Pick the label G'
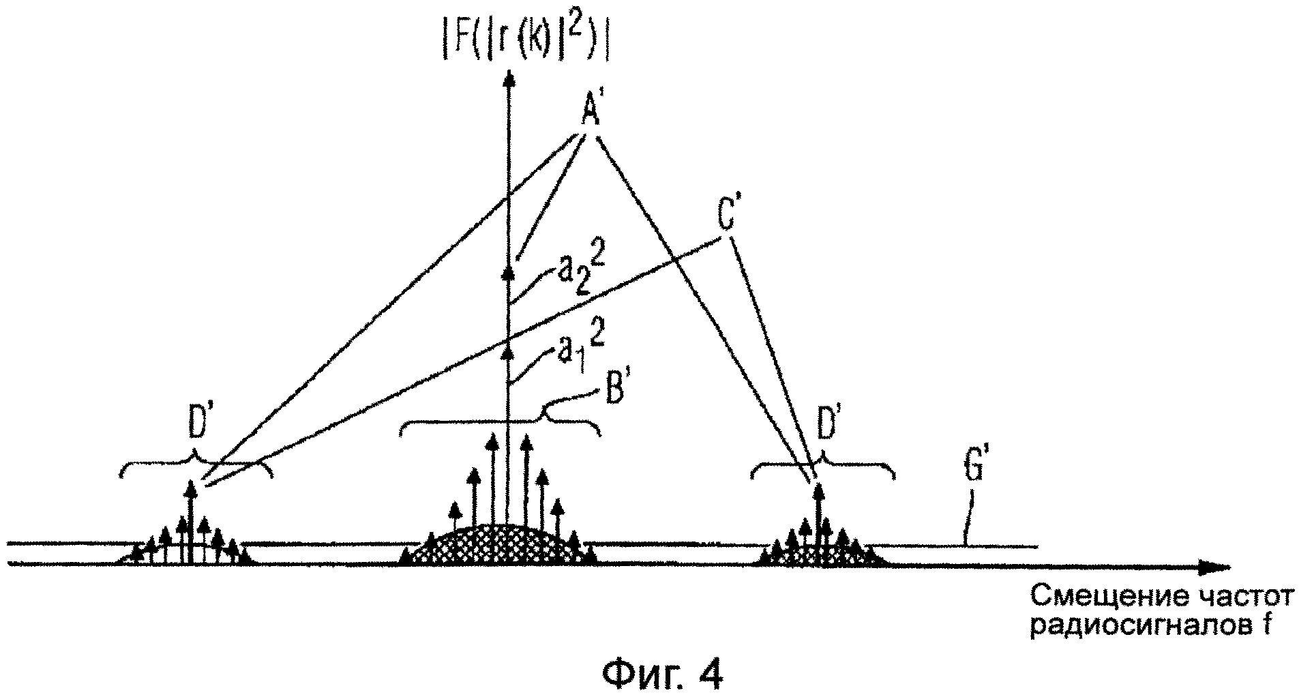pos(971,481)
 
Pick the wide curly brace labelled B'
pos(502,424)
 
